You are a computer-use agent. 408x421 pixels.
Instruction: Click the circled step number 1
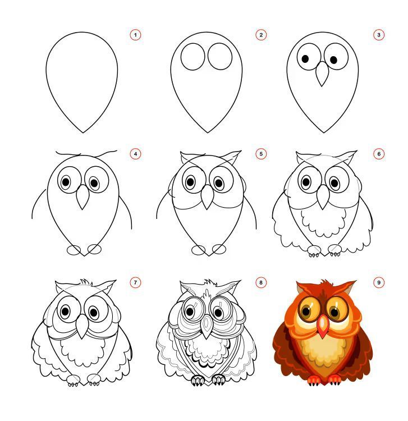135,35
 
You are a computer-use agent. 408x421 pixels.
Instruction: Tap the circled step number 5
261,154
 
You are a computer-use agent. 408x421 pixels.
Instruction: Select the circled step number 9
379,282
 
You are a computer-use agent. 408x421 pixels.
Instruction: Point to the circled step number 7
135,282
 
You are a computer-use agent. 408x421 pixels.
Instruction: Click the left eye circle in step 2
181,57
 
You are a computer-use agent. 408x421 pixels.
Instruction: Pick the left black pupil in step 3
305,59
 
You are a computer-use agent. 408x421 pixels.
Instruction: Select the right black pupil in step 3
334,60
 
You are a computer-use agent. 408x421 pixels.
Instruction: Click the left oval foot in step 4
74,250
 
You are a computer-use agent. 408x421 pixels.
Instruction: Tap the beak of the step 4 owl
82,198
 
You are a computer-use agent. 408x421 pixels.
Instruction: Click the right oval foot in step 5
219,249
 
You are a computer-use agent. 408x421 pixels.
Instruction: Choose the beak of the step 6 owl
323,197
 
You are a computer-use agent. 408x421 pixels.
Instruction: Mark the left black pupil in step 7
65,312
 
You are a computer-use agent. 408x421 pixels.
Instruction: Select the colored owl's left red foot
314,380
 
